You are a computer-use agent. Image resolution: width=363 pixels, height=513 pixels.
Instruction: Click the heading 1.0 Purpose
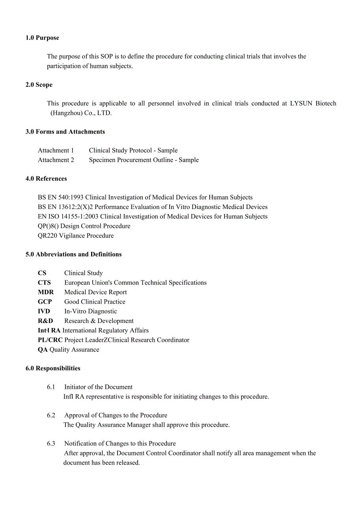click(x=42, y=38)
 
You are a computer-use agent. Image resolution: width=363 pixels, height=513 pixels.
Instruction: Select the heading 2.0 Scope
click(x=39, y=85)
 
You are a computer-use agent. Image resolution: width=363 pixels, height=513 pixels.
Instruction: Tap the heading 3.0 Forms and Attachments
click(x=65, y=132)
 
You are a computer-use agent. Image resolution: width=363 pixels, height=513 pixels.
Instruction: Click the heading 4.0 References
click(x=46, y=179)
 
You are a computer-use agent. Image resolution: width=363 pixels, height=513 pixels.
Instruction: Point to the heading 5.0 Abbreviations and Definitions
click(x=73, y=254)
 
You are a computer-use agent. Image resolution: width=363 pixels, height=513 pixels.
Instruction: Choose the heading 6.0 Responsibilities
click(x=53, y=368)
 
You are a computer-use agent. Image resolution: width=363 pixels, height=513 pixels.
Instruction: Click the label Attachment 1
click(x=56, y=150)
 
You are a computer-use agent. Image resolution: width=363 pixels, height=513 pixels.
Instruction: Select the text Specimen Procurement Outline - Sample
click(x=144, y=160)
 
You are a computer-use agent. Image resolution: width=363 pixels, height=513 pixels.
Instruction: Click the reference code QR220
click(x=47, y=236)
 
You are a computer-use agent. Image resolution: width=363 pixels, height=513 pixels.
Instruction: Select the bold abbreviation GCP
click(x=45, y=302)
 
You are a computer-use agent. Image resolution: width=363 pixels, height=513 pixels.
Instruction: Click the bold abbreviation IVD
click(x=44, y=312)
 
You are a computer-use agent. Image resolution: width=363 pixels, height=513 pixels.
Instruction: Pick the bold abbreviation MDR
click(x=46, y=292)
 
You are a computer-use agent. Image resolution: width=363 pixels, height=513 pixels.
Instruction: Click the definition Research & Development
click(x=99, y=321)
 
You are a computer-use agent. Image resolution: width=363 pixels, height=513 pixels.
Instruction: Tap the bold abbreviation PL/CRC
click(x=50, y=340)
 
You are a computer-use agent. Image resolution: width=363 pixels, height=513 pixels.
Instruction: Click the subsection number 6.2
click(x=51, y=415)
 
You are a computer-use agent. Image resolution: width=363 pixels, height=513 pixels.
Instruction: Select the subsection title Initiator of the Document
click(x=98, y=387)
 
